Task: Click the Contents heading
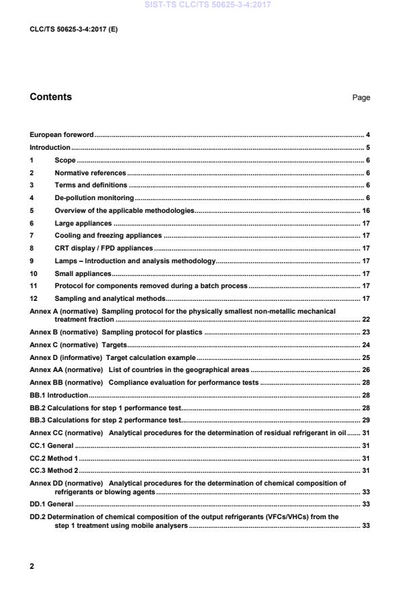coord(50,97)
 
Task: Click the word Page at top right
coord(361,98)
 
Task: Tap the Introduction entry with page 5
coord(50,148)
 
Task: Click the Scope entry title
coord(65,161)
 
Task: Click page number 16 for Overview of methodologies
coord(366,211)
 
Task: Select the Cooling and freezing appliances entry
coord(108,236)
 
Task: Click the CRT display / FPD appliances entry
coord(104,248)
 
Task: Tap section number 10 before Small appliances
coord(33,273)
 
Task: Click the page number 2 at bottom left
coord(32,566)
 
